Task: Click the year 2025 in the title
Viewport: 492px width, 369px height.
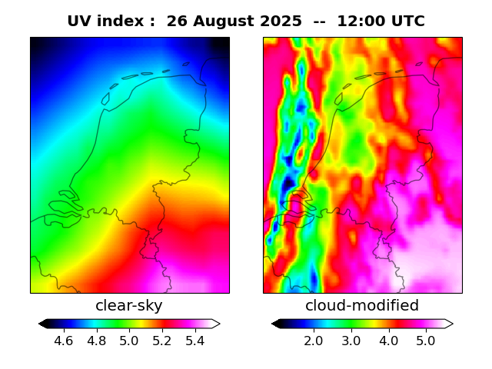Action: pyautogui.click(x=282, y=22)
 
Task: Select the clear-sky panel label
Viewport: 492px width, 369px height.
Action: pyautogui.click(x=129, y=306)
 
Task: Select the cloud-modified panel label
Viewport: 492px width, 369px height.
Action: pyautogui.click(x=362, y=306)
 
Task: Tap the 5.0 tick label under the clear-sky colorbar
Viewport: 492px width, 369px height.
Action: pyautogui.click(x=129, y=340)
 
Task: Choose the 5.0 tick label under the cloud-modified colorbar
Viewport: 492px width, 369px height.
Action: pyautogui.click(x=426, y=340)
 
